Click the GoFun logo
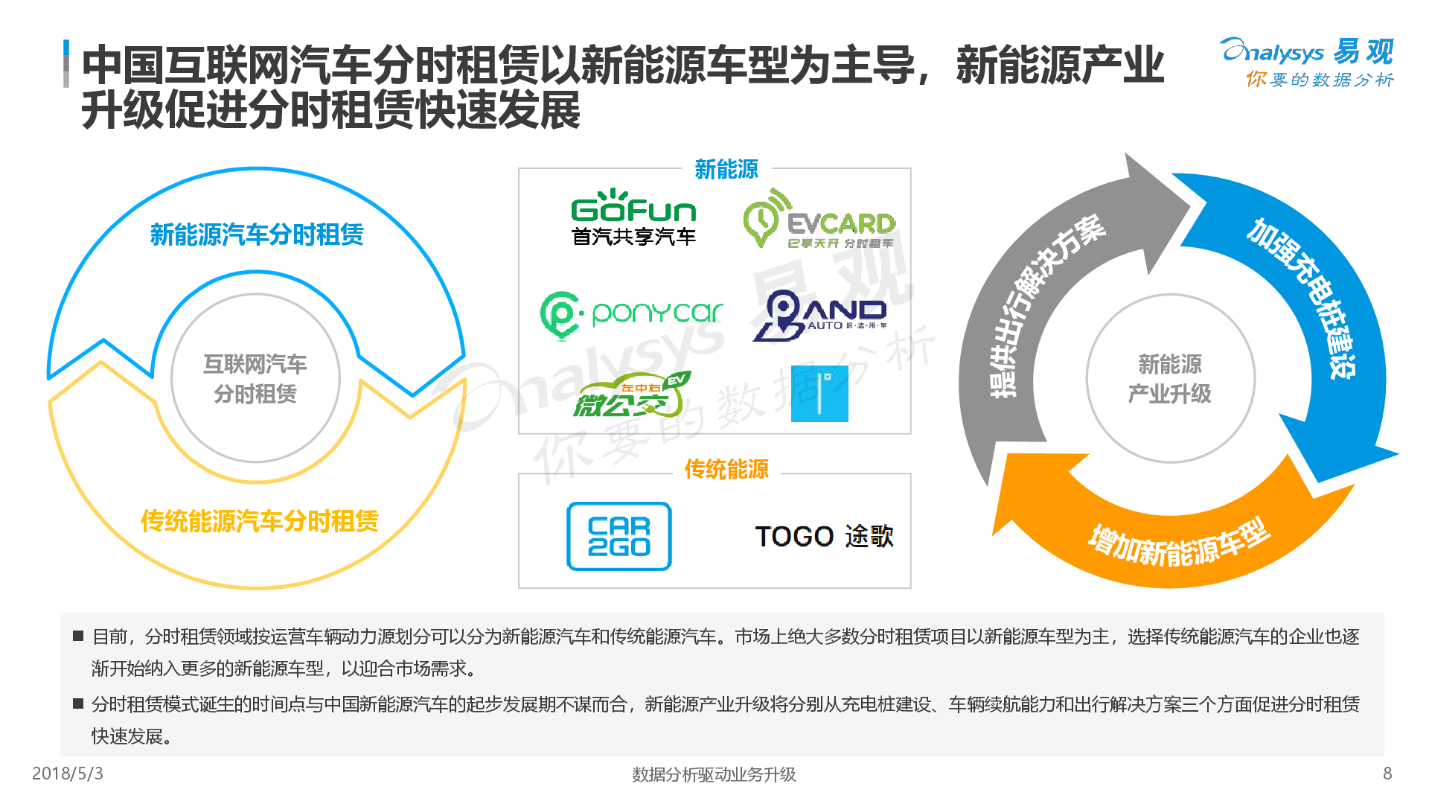(x=633, y=217)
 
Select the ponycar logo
(x=631, y=314)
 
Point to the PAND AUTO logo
(x=819, y=316)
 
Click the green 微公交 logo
(x=632, y=395)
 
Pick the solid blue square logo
(x=819, y=394)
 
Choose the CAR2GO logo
(x=619, y=537)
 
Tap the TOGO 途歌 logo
(x=824, y=536)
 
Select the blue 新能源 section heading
(x=726, y=170)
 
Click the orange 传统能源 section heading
(x=726, y=470)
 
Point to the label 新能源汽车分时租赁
(x=257, y=235)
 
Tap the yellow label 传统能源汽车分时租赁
(x=259, y=521)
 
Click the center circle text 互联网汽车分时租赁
(x=255, y=379)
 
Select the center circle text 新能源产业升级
(x=1170, y=379)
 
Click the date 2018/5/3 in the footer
(x=68, y=773)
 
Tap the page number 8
(x=1387, y=773)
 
